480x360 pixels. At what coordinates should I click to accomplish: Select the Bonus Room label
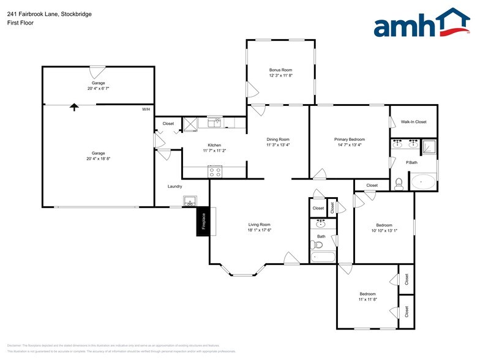point(280,70)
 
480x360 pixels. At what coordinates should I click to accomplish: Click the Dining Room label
point(277,140)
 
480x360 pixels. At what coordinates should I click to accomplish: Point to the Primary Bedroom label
point(349,140)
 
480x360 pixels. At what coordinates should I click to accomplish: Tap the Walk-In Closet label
point(413,122)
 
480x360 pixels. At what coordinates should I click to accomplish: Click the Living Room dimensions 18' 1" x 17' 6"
point(259,230)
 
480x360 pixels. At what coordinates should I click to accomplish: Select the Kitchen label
point(214,144)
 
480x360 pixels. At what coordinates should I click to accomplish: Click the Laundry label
point(175,186)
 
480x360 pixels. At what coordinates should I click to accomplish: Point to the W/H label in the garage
point(146,110)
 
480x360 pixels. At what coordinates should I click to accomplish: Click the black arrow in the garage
point(74,107)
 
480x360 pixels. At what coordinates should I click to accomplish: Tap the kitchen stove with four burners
point(214,172)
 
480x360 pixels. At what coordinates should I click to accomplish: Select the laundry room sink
point(189,201)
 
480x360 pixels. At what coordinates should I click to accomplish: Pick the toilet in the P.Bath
point(399,182)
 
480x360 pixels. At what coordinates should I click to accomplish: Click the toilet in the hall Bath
point(317,246)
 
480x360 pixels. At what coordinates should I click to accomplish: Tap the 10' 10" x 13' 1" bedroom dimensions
point(384,231)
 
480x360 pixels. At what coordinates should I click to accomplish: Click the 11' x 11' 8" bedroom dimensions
point(367,299)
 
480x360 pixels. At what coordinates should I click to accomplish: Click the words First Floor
point(20,23)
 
